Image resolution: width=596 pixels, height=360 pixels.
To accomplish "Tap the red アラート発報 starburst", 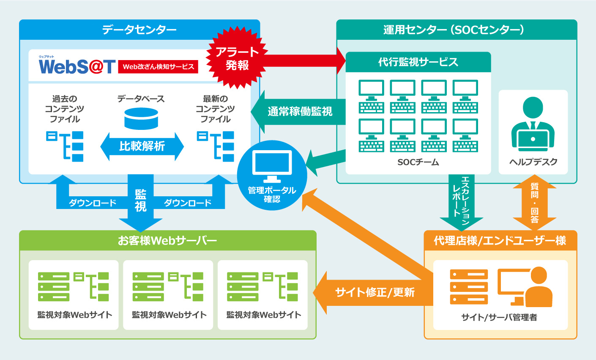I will tap(237, 58).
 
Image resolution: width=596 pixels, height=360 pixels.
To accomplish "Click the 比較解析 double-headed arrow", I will tap(142, 146).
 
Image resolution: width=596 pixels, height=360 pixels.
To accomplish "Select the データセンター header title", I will tap(139, 30).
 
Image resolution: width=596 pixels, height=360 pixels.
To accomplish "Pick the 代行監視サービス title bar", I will tap(418, 62).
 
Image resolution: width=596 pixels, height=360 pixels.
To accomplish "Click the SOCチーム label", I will tap(418, 162).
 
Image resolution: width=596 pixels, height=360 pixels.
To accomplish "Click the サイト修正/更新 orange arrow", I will tap(374, 292).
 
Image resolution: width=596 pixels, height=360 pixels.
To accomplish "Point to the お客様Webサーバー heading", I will tap(167, 241).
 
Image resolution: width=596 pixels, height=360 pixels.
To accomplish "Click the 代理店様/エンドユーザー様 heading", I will tap(500, 241).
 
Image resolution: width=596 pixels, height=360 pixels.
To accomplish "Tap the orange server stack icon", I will tap(469, 286).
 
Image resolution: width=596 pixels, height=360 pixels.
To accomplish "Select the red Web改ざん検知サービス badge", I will tap(158, 66).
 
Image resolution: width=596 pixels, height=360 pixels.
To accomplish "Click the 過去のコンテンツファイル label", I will tap(65, 109).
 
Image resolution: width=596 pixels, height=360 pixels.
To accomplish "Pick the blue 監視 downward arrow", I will tap(141, 203).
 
